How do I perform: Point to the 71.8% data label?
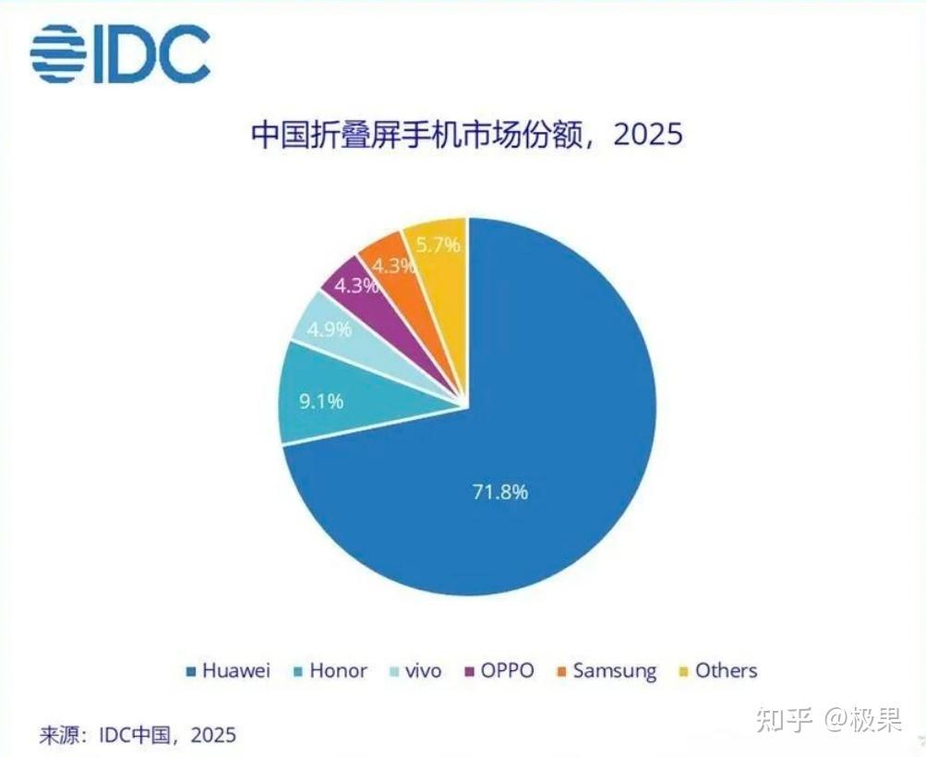500,491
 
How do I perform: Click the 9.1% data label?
320,402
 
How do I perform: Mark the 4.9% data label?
329,329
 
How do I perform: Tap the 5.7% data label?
438,244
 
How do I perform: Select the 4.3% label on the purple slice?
356,286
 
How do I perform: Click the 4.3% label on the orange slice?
393,266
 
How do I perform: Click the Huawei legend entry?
228,671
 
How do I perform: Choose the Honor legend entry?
331,671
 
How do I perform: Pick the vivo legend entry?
415,671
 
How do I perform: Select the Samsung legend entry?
607,671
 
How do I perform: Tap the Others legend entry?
718,671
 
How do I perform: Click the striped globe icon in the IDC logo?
58,54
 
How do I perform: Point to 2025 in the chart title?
648,134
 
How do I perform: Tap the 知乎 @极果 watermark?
829,720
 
